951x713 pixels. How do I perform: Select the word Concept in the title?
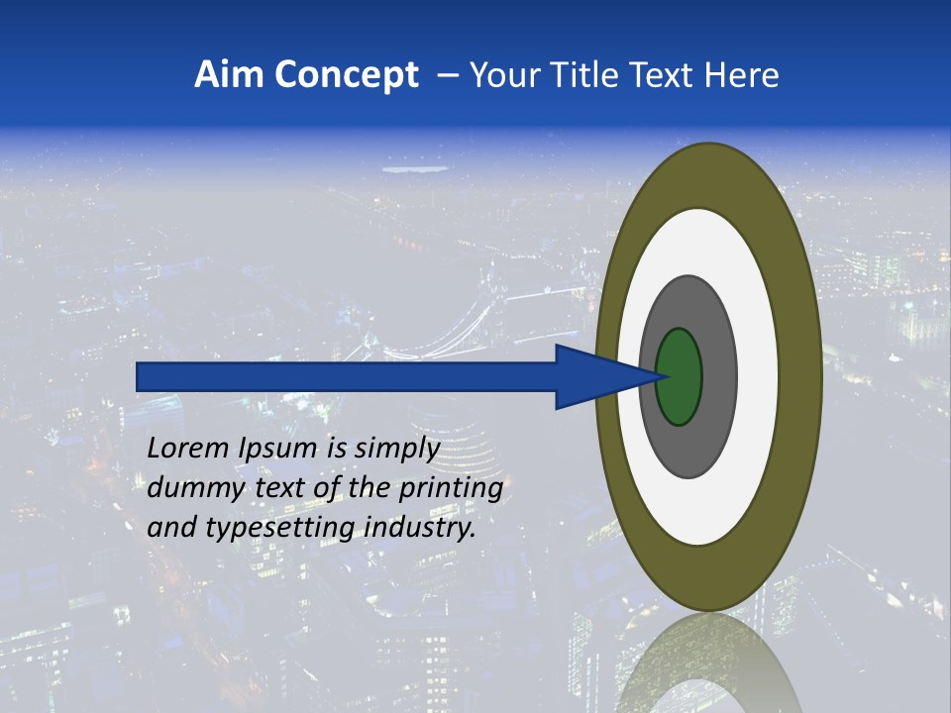pyautogui.click(x=348, y=74)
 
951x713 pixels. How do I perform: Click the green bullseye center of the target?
pyautogui.click(x=679, y=376)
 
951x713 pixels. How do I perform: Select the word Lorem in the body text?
pyautogui.click(x=186, y=449)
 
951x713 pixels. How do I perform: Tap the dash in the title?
pyautogui.click(x=447, y=76)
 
